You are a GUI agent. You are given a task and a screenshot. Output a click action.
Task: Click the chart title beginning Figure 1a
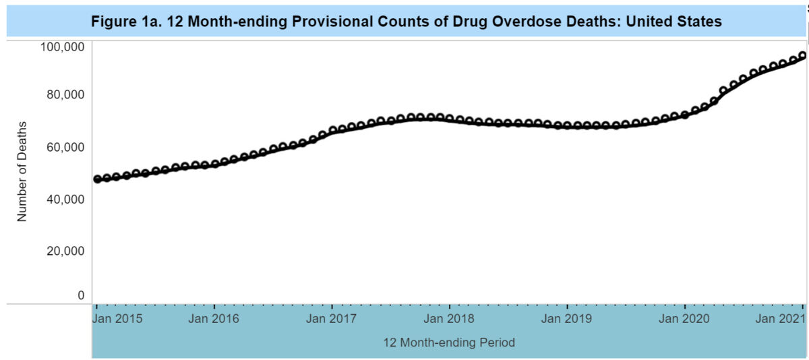point(407,22)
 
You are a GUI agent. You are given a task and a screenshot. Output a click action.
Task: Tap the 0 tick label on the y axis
point(81,295)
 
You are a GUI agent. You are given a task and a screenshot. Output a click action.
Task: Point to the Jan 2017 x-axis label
point(330,319)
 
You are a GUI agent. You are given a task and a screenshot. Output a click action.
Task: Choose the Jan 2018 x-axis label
point(450,319)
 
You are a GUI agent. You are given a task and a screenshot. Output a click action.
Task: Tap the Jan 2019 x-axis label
point(568,319)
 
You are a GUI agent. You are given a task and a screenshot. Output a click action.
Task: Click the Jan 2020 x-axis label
point(684,319)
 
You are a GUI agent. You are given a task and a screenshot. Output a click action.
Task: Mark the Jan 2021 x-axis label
point(781,319)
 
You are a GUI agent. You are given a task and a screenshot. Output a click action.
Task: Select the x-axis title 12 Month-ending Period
point(449,342)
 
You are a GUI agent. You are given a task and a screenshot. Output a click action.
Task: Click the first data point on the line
point(98,179)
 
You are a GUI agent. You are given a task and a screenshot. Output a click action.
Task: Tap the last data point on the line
point(802,56)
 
